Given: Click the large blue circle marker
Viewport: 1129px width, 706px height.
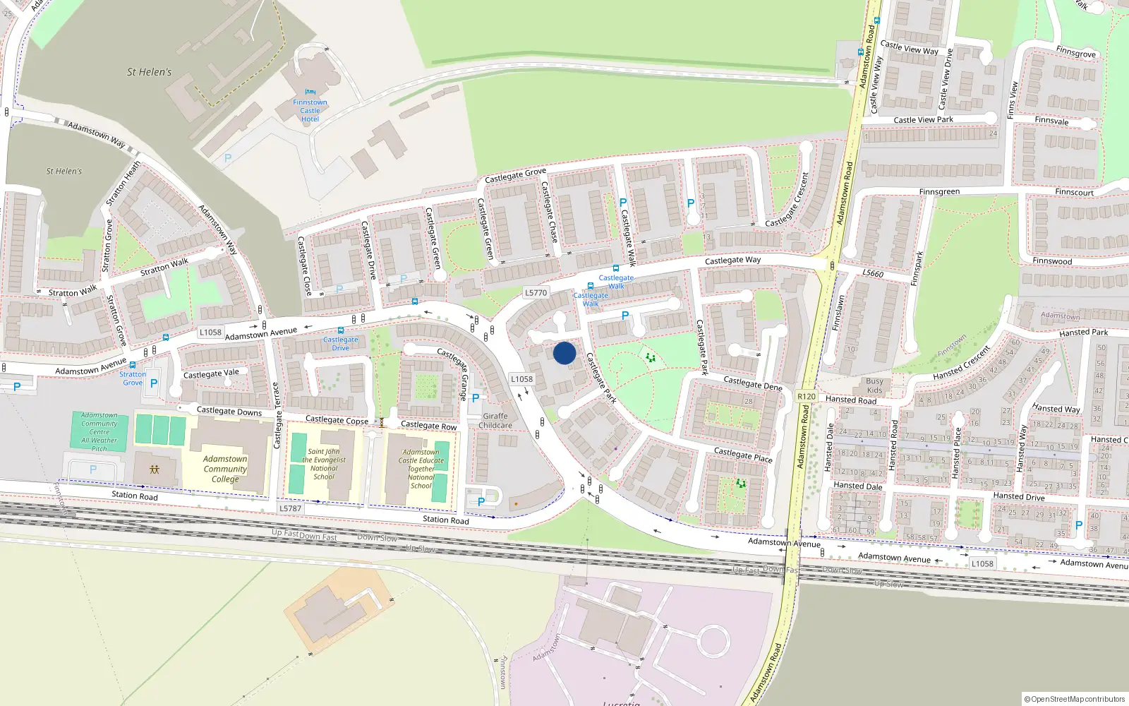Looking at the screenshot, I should pos(564,353).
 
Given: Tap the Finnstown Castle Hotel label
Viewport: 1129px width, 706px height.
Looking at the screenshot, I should pos(310,111).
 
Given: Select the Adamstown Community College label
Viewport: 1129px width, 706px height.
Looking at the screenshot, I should pos(225,469).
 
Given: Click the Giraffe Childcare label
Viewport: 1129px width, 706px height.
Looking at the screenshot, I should pos(495,421).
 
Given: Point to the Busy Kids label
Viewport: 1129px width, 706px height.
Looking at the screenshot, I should pos(874,385).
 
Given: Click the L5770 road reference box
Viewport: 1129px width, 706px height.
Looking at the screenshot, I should pos(536,292).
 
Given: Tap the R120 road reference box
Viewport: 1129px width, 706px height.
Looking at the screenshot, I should pos(807,397).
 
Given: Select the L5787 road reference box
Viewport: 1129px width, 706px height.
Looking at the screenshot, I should pos(290,508).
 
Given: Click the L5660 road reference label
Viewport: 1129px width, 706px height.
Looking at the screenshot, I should pos(873,273).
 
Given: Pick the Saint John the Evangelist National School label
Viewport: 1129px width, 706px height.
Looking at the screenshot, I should pos(324,464).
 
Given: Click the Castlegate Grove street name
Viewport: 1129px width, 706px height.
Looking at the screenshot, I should pos(515,175).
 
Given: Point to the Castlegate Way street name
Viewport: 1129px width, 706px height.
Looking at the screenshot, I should pos(733,261).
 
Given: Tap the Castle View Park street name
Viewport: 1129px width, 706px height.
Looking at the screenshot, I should pos(923,120).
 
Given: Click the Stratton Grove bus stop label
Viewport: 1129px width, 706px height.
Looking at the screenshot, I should pos(133,378).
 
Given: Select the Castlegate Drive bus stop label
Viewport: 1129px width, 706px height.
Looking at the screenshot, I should pos(341,343).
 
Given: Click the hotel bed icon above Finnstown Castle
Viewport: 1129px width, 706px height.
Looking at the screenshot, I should pos(310,92).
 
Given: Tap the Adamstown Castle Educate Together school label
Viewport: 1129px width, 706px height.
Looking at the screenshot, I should pos(421,469).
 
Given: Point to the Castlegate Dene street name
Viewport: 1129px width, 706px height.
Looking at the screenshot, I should pos(753,383).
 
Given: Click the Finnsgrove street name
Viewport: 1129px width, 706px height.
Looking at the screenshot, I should pos(1076,53).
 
